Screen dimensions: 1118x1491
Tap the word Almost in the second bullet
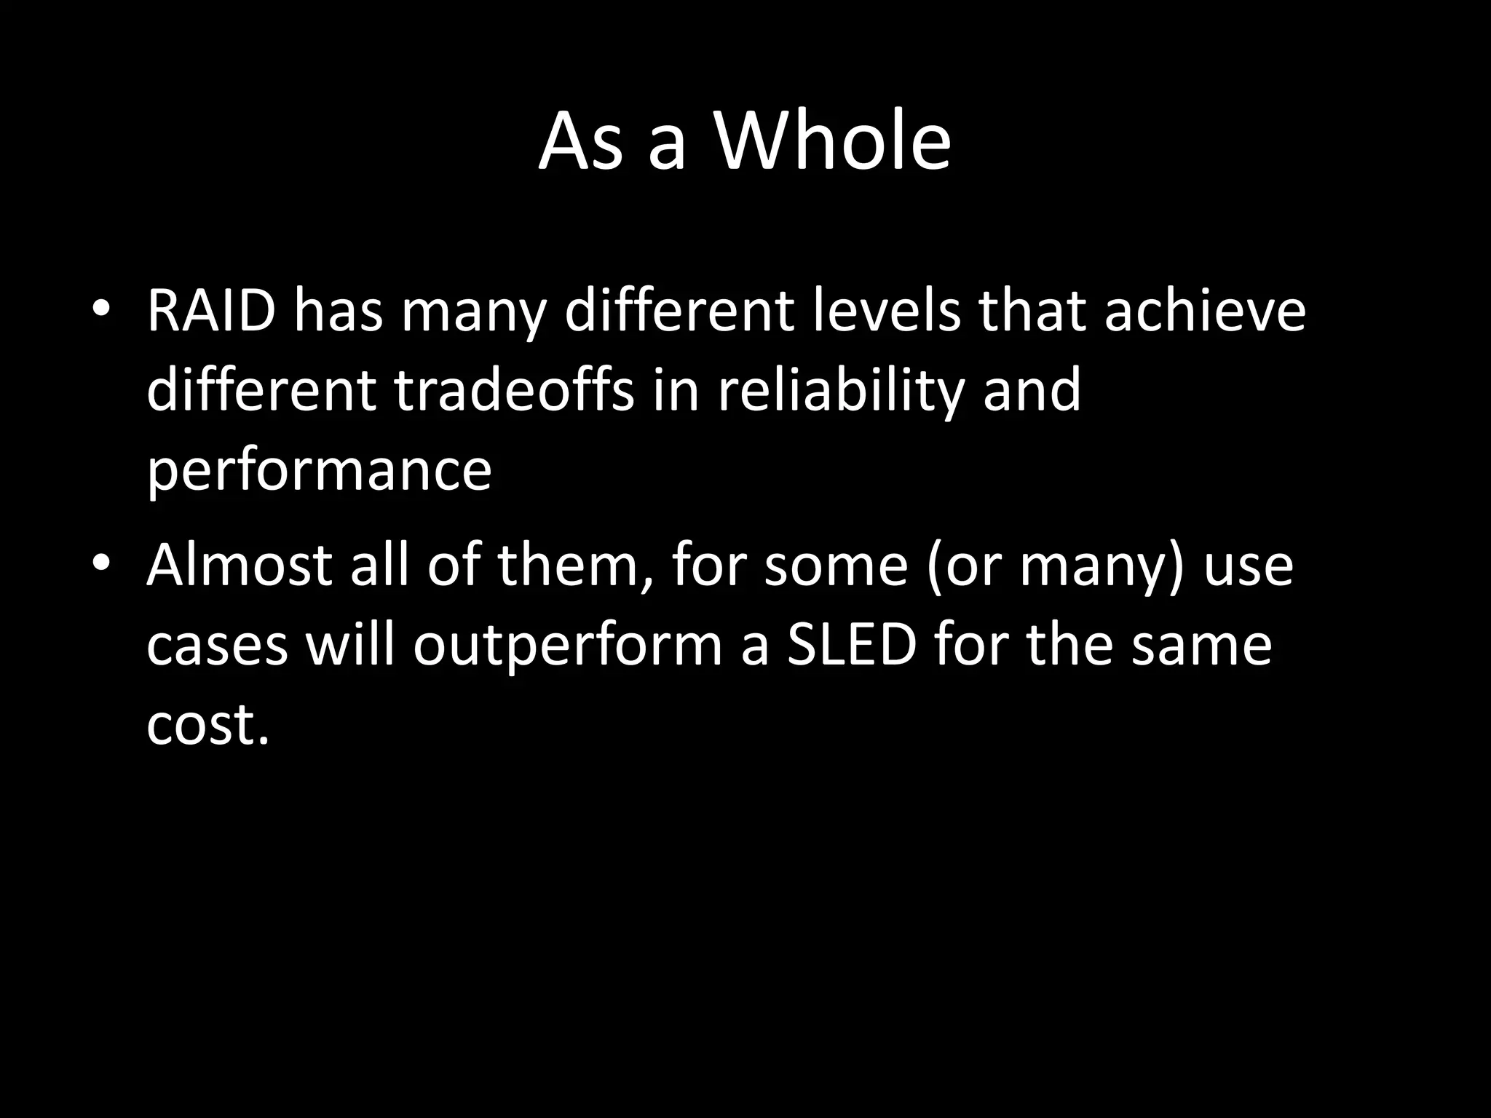[240, 566]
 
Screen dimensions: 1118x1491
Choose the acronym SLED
[851, 646]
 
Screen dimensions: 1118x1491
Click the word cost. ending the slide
[207, 726]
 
